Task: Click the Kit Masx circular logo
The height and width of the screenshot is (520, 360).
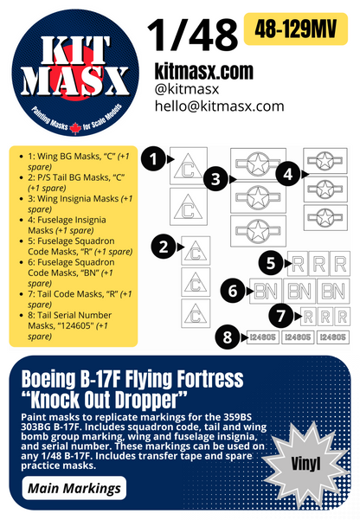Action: coord(68,68)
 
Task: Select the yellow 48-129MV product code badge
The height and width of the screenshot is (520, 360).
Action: coord(299,28)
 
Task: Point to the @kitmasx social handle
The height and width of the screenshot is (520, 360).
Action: coord(186,87)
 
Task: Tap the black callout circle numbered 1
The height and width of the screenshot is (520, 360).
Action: coord(153,158)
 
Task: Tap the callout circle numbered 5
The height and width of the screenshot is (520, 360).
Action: coord(272,261)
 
